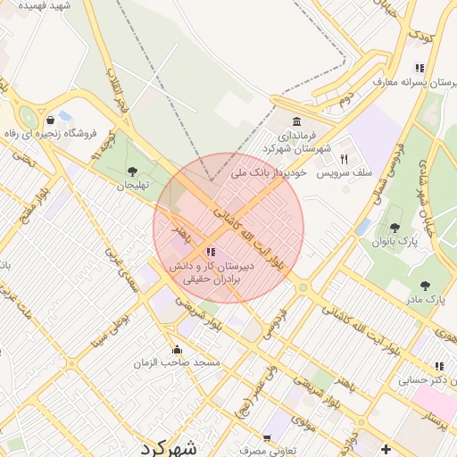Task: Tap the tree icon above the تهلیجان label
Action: [x=132, y=170]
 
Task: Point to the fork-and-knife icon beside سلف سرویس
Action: [x=343, y=158]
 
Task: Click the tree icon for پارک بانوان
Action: [x=395, y=228]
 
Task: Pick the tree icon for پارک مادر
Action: [x=425, y=286]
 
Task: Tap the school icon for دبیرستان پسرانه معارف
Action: [x=420, y=68]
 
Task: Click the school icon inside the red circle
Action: [x=211, y=252]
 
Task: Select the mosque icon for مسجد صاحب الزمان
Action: [x=177, y=349]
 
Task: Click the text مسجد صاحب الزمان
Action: [x=178, y=364]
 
